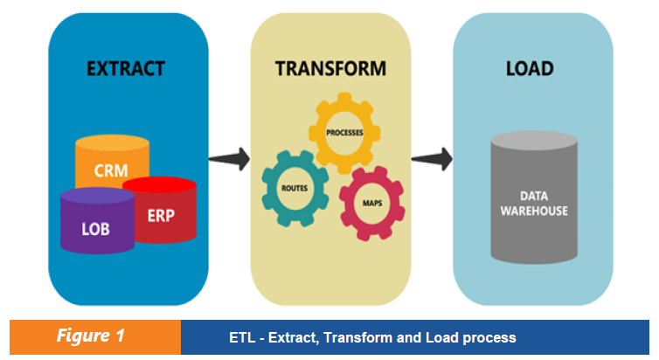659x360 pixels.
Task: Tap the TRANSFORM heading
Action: (x=330, y=68)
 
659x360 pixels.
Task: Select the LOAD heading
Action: (x=530, y=68)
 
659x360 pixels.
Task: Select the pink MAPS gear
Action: (x=371, y=203)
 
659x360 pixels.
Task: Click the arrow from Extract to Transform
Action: (x=229, y=159)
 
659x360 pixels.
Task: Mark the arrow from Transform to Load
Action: (x=432, y=159)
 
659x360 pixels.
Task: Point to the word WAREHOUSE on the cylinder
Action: (x=534, y=211)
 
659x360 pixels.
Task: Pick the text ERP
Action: (x=161, y=215)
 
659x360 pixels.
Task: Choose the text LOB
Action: (x=95, y=229)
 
